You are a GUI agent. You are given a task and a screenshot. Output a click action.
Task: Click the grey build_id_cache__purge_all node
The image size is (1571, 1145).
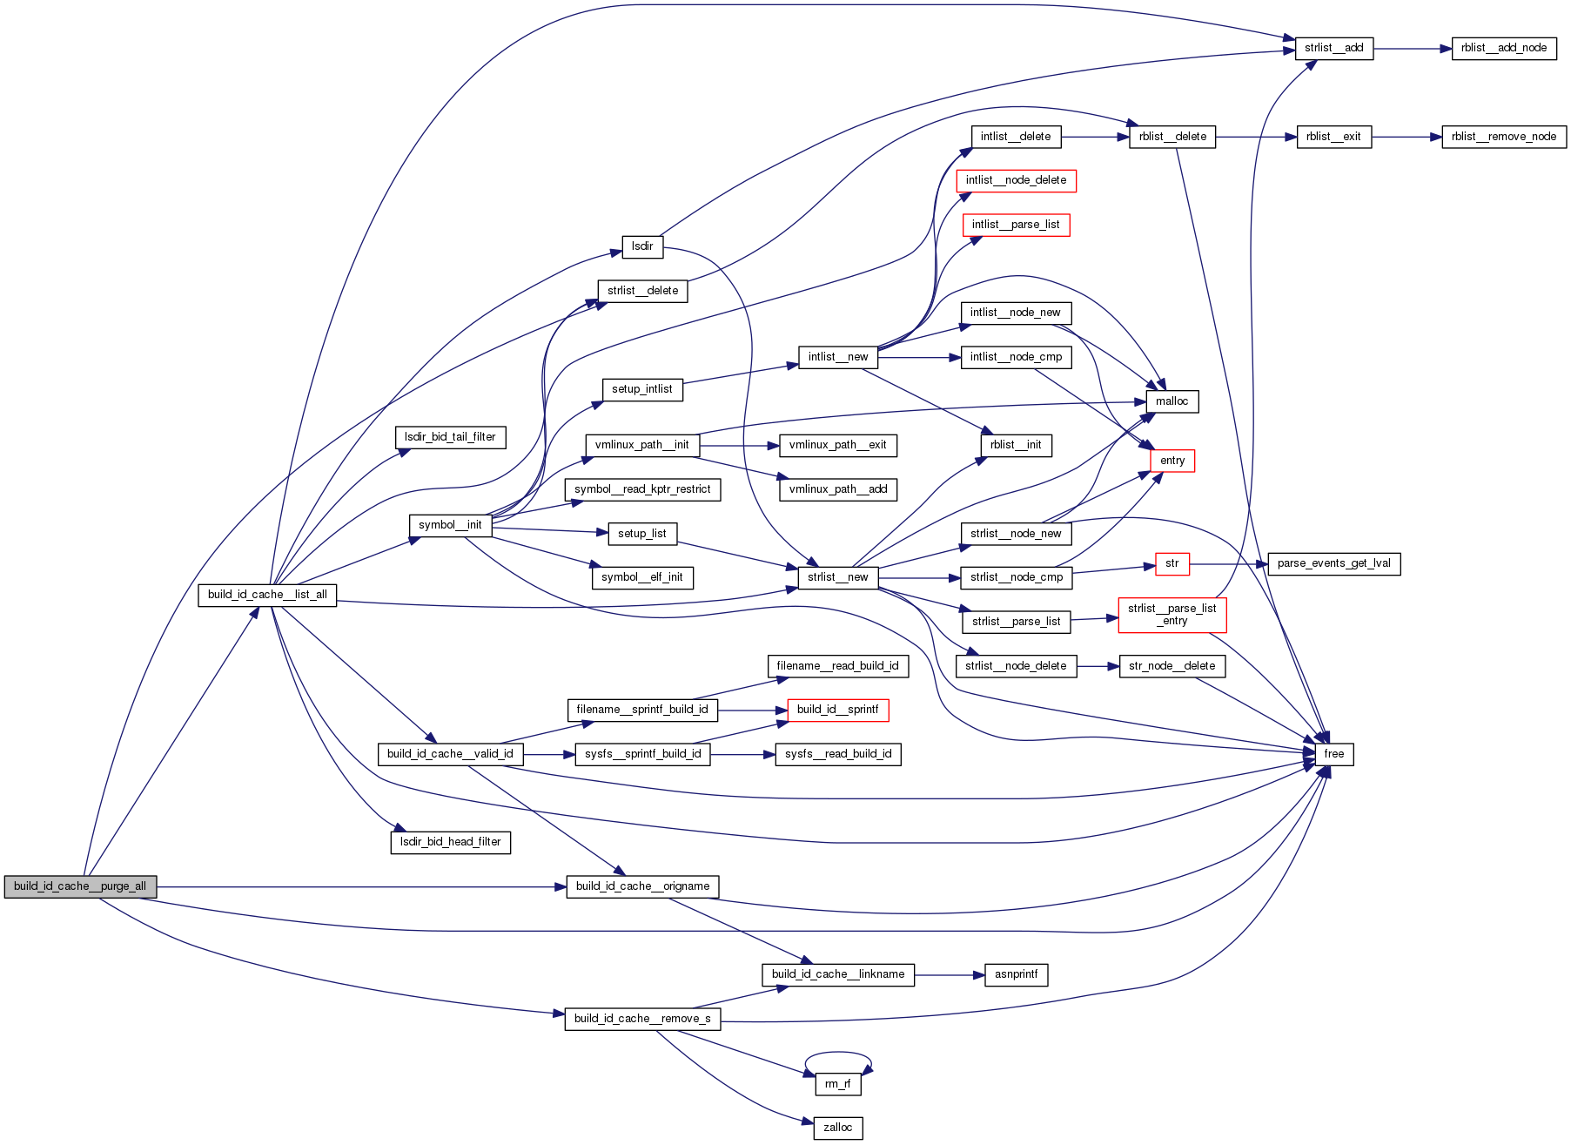point(80,886)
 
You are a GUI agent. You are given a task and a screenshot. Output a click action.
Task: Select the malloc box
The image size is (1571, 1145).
point(1172,401)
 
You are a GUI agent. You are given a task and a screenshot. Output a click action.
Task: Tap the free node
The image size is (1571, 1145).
point(1333,754)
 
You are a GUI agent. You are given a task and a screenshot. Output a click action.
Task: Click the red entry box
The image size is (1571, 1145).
point(1172,461)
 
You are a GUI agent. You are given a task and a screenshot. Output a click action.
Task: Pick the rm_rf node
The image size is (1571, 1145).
point(837,1084)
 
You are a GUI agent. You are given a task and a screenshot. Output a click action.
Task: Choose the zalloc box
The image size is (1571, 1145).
point(837,1128)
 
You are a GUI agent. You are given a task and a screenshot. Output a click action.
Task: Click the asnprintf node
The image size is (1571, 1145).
point(1016,974)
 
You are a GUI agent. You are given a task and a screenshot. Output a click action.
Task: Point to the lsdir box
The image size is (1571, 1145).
point(642,246)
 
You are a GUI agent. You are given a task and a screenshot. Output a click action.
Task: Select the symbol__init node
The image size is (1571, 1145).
point(450,525)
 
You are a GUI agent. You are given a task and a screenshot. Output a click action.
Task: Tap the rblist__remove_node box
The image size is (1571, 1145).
point(1503,137)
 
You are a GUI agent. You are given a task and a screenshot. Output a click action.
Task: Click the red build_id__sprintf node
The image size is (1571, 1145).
point(837,710)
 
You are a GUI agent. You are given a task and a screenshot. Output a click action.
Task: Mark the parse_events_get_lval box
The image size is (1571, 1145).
point(1333,563)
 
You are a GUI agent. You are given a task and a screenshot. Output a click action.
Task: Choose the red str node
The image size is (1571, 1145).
point(1172,563)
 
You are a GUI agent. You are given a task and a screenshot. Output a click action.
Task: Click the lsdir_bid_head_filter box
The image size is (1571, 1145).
point(450,842)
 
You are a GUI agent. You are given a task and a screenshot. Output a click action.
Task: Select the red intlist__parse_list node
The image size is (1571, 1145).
point(1016,225)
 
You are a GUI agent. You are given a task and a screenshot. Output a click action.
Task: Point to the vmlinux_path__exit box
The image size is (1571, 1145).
point(837,445)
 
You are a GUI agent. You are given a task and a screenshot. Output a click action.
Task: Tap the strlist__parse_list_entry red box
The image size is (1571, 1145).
point(1172,615)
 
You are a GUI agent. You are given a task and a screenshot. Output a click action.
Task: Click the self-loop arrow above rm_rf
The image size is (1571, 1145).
point(837,1053)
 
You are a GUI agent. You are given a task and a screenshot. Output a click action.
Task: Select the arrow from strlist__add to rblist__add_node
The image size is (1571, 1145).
point(1412,49)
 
